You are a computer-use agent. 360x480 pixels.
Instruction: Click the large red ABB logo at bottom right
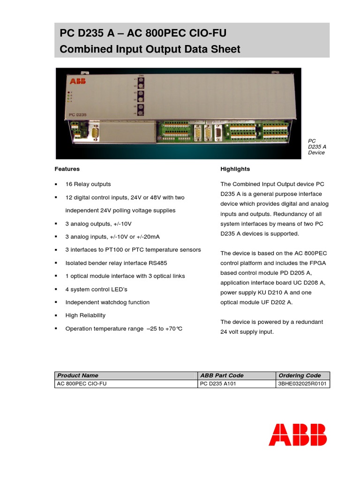[298, 435]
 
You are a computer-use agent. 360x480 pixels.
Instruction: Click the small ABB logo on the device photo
[75, 82]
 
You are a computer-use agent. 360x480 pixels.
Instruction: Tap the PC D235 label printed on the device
[78, 114]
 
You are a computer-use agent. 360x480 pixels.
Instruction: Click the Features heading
[67, 169]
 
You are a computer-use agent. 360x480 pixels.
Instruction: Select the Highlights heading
[235, 169]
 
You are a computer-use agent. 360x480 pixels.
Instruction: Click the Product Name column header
[77, 375]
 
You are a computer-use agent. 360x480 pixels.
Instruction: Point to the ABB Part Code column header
[222, 375]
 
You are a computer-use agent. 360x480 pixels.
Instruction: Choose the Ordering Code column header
[300, 375]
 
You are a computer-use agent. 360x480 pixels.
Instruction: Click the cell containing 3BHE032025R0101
[303, 384]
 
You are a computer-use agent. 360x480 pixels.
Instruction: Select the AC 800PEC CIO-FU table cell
[78, 384]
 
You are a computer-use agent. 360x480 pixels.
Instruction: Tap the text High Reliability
[85, 315]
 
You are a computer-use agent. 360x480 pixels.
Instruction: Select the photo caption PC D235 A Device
[316, 146]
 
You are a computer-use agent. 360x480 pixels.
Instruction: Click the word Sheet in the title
[225, 49]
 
